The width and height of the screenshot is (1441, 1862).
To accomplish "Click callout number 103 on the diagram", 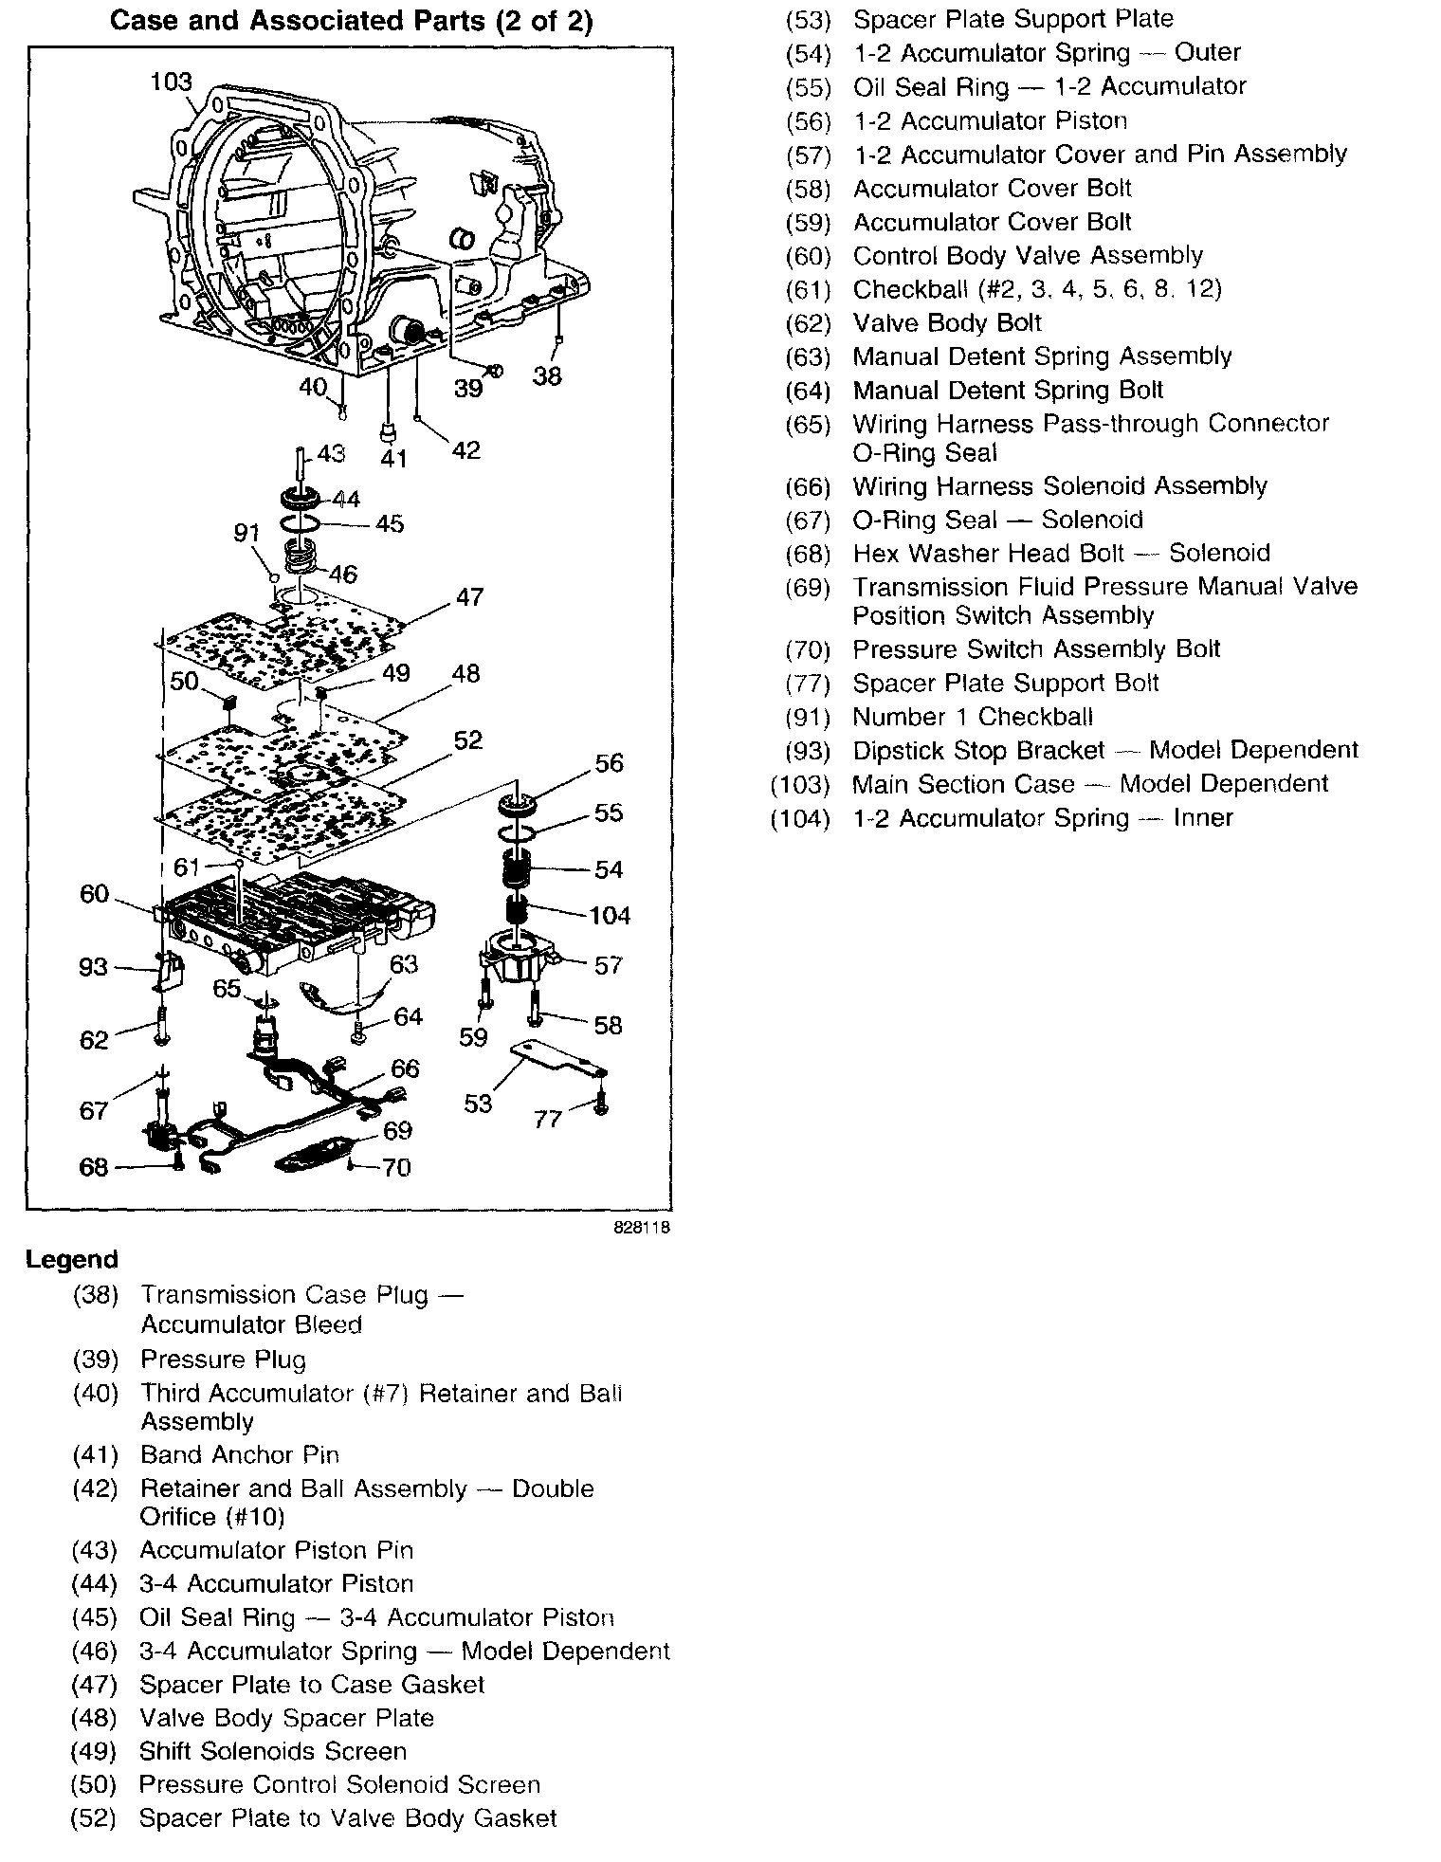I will click(x=171, y=82).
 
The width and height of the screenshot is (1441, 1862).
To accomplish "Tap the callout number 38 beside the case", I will click(x=547, y=376).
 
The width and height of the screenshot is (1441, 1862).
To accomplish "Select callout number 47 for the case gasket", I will click(x=469, y=597).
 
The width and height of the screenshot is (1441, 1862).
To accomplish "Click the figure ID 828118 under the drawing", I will click(x=642, y=1227).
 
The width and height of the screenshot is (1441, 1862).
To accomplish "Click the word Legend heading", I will click(x=72, y=1260).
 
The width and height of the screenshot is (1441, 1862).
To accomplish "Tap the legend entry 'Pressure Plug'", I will click(x=223, y=1360).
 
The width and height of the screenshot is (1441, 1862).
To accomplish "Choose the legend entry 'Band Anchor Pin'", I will click(x=239, y=1454).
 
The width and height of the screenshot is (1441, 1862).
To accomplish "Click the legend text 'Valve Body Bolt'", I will click(x=946, y=323).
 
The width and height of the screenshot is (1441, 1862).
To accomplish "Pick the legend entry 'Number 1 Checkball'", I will click(x=972, y=717).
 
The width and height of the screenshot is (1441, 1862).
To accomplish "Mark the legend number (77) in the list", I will click(x=808, y=684).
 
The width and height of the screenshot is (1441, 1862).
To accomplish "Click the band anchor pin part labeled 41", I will click(x=387, y=432).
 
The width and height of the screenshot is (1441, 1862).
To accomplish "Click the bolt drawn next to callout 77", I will click(x=601, y=1102).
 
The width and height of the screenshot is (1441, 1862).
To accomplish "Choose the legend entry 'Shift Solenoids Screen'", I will click(x=272, y=1751).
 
